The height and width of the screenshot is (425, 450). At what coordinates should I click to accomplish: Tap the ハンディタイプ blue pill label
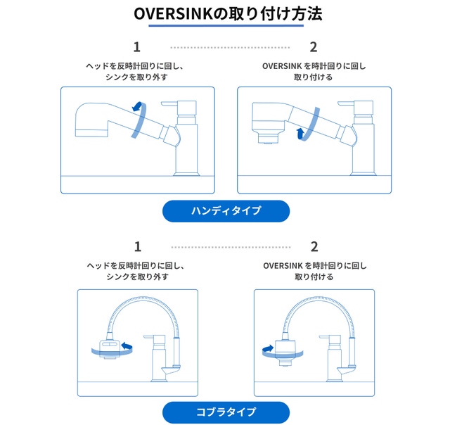coord(226,210)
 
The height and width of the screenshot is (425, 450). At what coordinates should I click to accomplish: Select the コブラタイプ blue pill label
coord(226,412)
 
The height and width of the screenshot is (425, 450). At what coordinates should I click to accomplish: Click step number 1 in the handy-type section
coord(137,47)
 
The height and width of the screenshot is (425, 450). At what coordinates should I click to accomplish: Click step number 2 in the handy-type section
coord(314,47)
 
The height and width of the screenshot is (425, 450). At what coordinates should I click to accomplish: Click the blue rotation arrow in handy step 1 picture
coord(139,107)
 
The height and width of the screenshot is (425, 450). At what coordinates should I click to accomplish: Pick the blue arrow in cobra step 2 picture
coord(268,348)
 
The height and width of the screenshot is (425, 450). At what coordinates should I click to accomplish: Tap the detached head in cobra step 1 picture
coord(108,348)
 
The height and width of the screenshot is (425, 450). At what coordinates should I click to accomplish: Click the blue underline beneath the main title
coord(226,26)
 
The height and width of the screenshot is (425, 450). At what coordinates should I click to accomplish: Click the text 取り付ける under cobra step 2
coord(314,277)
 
